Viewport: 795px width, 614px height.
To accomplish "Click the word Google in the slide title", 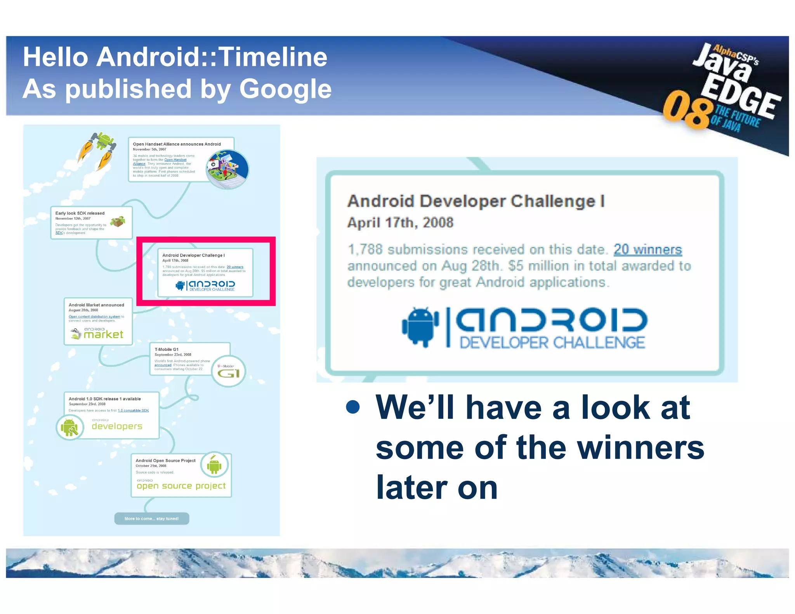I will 285,89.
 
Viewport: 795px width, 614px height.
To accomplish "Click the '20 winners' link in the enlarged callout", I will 647,250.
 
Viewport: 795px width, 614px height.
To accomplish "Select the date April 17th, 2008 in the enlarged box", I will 400,223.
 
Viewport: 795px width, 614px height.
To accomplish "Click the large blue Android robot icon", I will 420,326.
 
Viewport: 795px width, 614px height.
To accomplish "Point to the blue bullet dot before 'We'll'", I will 352,407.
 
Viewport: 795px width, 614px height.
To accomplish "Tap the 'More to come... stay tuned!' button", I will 151,519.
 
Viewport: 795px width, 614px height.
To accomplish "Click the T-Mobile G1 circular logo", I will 229,371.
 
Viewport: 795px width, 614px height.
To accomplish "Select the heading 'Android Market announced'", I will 96,305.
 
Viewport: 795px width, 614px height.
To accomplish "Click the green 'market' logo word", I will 103,335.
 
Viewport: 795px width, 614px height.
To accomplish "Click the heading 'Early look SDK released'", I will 80,213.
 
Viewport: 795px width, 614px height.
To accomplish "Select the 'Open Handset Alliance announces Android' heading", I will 177,144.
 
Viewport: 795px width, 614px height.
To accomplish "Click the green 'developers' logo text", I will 117,426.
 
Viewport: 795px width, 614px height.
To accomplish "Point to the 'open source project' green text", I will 181,486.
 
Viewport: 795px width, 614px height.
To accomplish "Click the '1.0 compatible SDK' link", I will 133,410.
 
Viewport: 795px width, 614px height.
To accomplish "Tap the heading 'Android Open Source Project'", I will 165,461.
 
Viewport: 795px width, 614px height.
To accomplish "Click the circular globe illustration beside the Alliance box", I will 227,169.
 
